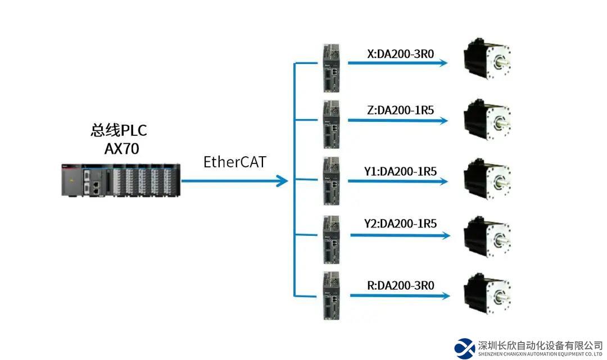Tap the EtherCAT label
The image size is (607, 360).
234,162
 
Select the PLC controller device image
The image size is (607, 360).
121,180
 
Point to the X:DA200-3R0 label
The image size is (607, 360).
400,54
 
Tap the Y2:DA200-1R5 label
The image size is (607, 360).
400,224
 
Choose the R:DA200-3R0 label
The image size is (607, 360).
400,285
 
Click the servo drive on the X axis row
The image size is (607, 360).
331,68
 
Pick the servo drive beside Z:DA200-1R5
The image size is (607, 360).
331,124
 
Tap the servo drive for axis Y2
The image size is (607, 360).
331,240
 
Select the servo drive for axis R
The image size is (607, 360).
331,296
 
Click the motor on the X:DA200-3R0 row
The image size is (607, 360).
487,60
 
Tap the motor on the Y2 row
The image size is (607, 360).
487,237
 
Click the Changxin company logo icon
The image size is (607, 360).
465,348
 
